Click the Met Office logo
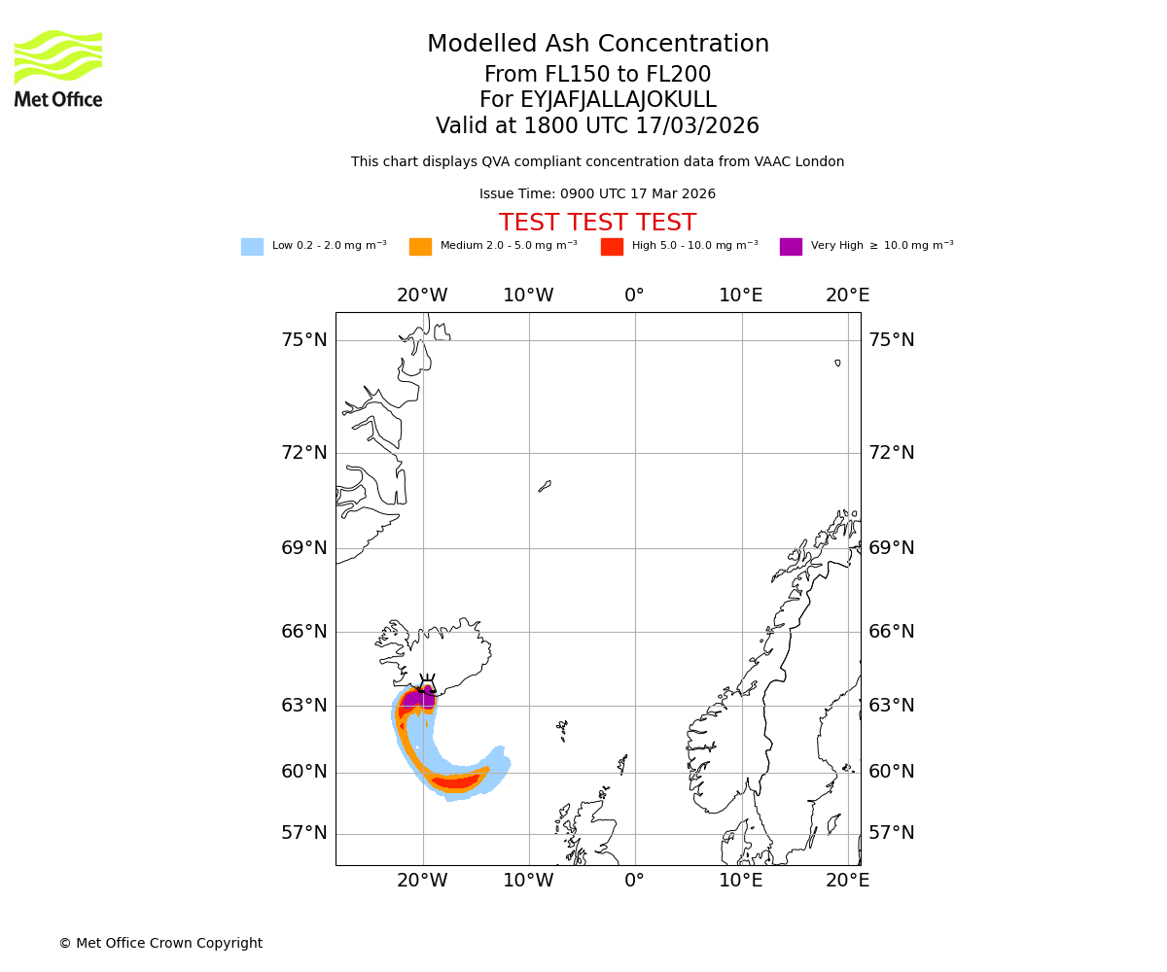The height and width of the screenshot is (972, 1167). [x=58, y=68]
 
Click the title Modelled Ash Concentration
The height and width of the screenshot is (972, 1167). [x=597, y=45]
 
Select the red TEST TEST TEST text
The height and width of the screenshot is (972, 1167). [x=597, y=224]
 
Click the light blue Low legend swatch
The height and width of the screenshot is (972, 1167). [x=252, y=247]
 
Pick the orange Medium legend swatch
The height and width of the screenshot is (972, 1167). [x=420, y=247]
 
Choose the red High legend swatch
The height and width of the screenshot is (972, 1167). [x=612, y=247]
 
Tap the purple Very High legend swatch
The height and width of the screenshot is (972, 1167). [x=791, y=247]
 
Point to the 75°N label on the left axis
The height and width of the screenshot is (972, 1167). [x=304, y=340]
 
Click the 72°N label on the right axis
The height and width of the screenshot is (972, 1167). [x=891, y=453]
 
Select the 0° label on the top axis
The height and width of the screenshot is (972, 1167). [x=634, y=295]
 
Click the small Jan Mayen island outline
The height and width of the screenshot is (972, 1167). [x=545, y=486]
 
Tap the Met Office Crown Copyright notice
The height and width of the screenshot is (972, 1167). [x=160, y=943]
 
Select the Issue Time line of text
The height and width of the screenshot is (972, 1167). [x=597, y=194]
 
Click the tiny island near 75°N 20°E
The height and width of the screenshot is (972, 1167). [x=837, y=363]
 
